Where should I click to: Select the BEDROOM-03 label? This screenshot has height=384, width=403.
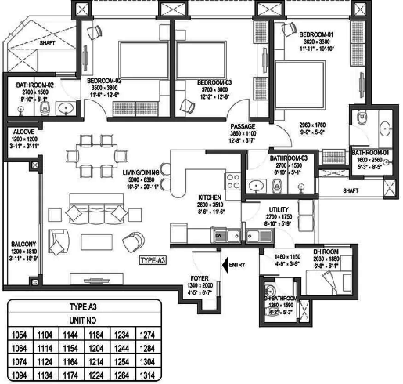[214, 82]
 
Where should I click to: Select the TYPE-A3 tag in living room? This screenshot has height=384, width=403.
[154, 260]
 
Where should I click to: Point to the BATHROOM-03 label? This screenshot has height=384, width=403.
[291, 158]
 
